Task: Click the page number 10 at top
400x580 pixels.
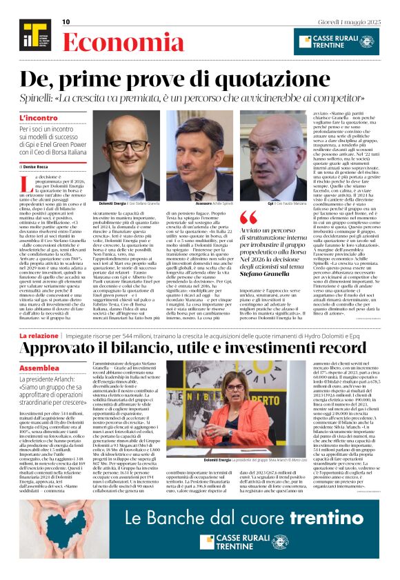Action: pos(66,21)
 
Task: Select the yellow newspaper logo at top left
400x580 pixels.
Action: pos(30,34)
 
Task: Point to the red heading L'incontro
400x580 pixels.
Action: pos(39,119)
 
